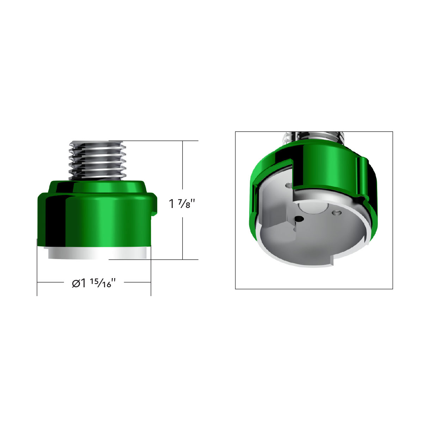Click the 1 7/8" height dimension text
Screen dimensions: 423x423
coord(182,204)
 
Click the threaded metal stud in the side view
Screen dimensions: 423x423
coord(97,160)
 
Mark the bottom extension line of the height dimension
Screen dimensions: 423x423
coord(155,259)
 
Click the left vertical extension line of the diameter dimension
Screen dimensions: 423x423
coord(37,268)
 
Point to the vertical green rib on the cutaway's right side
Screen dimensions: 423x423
coord(361,176)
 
